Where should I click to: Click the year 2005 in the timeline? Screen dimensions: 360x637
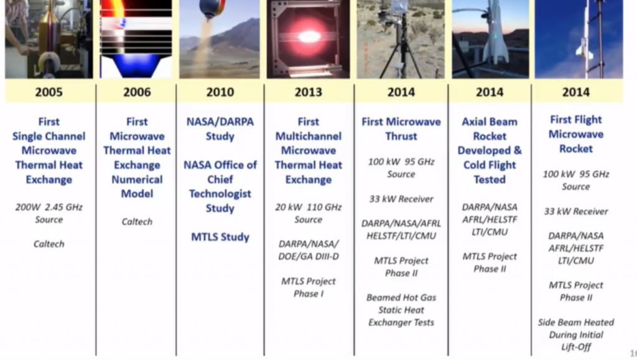49,92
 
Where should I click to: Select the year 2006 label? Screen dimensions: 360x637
136,92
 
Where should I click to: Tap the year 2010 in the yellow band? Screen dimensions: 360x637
220,92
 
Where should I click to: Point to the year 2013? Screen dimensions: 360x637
308,92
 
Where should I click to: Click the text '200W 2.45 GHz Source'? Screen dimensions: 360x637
49,213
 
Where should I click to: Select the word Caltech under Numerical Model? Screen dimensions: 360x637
137,221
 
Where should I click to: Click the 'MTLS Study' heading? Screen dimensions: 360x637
220,237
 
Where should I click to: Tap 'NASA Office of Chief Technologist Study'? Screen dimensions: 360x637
220,186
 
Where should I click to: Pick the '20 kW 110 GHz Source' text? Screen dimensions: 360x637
308,213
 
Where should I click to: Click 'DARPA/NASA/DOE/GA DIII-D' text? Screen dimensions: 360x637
308,249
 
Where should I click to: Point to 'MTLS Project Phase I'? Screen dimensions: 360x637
308,287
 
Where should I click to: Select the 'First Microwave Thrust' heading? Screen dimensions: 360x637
401,129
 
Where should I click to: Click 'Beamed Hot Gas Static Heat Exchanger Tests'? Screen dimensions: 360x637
401,310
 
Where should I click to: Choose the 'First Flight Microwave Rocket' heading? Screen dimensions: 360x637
575,134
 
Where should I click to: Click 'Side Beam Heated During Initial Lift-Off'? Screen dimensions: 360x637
575,335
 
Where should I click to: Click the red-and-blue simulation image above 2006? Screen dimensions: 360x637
136,39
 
